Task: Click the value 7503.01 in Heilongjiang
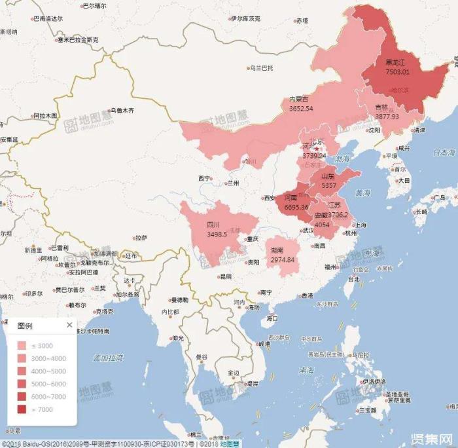(x=398, y=71)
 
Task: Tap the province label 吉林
(x=381, y=107)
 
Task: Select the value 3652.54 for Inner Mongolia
(x=301, y=108)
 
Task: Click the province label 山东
(x=328, y=177)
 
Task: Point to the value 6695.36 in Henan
(x=296, y=207)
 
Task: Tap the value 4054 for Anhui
(x=322, y=224)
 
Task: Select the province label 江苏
(x=334, y=205)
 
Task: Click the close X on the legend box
(x=69, y=325)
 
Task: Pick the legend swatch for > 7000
(x=22, y=409)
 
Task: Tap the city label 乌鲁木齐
(x=122, y=111)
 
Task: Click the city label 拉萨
(x=141, y=238)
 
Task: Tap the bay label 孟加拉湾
(x=109, y=357)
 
